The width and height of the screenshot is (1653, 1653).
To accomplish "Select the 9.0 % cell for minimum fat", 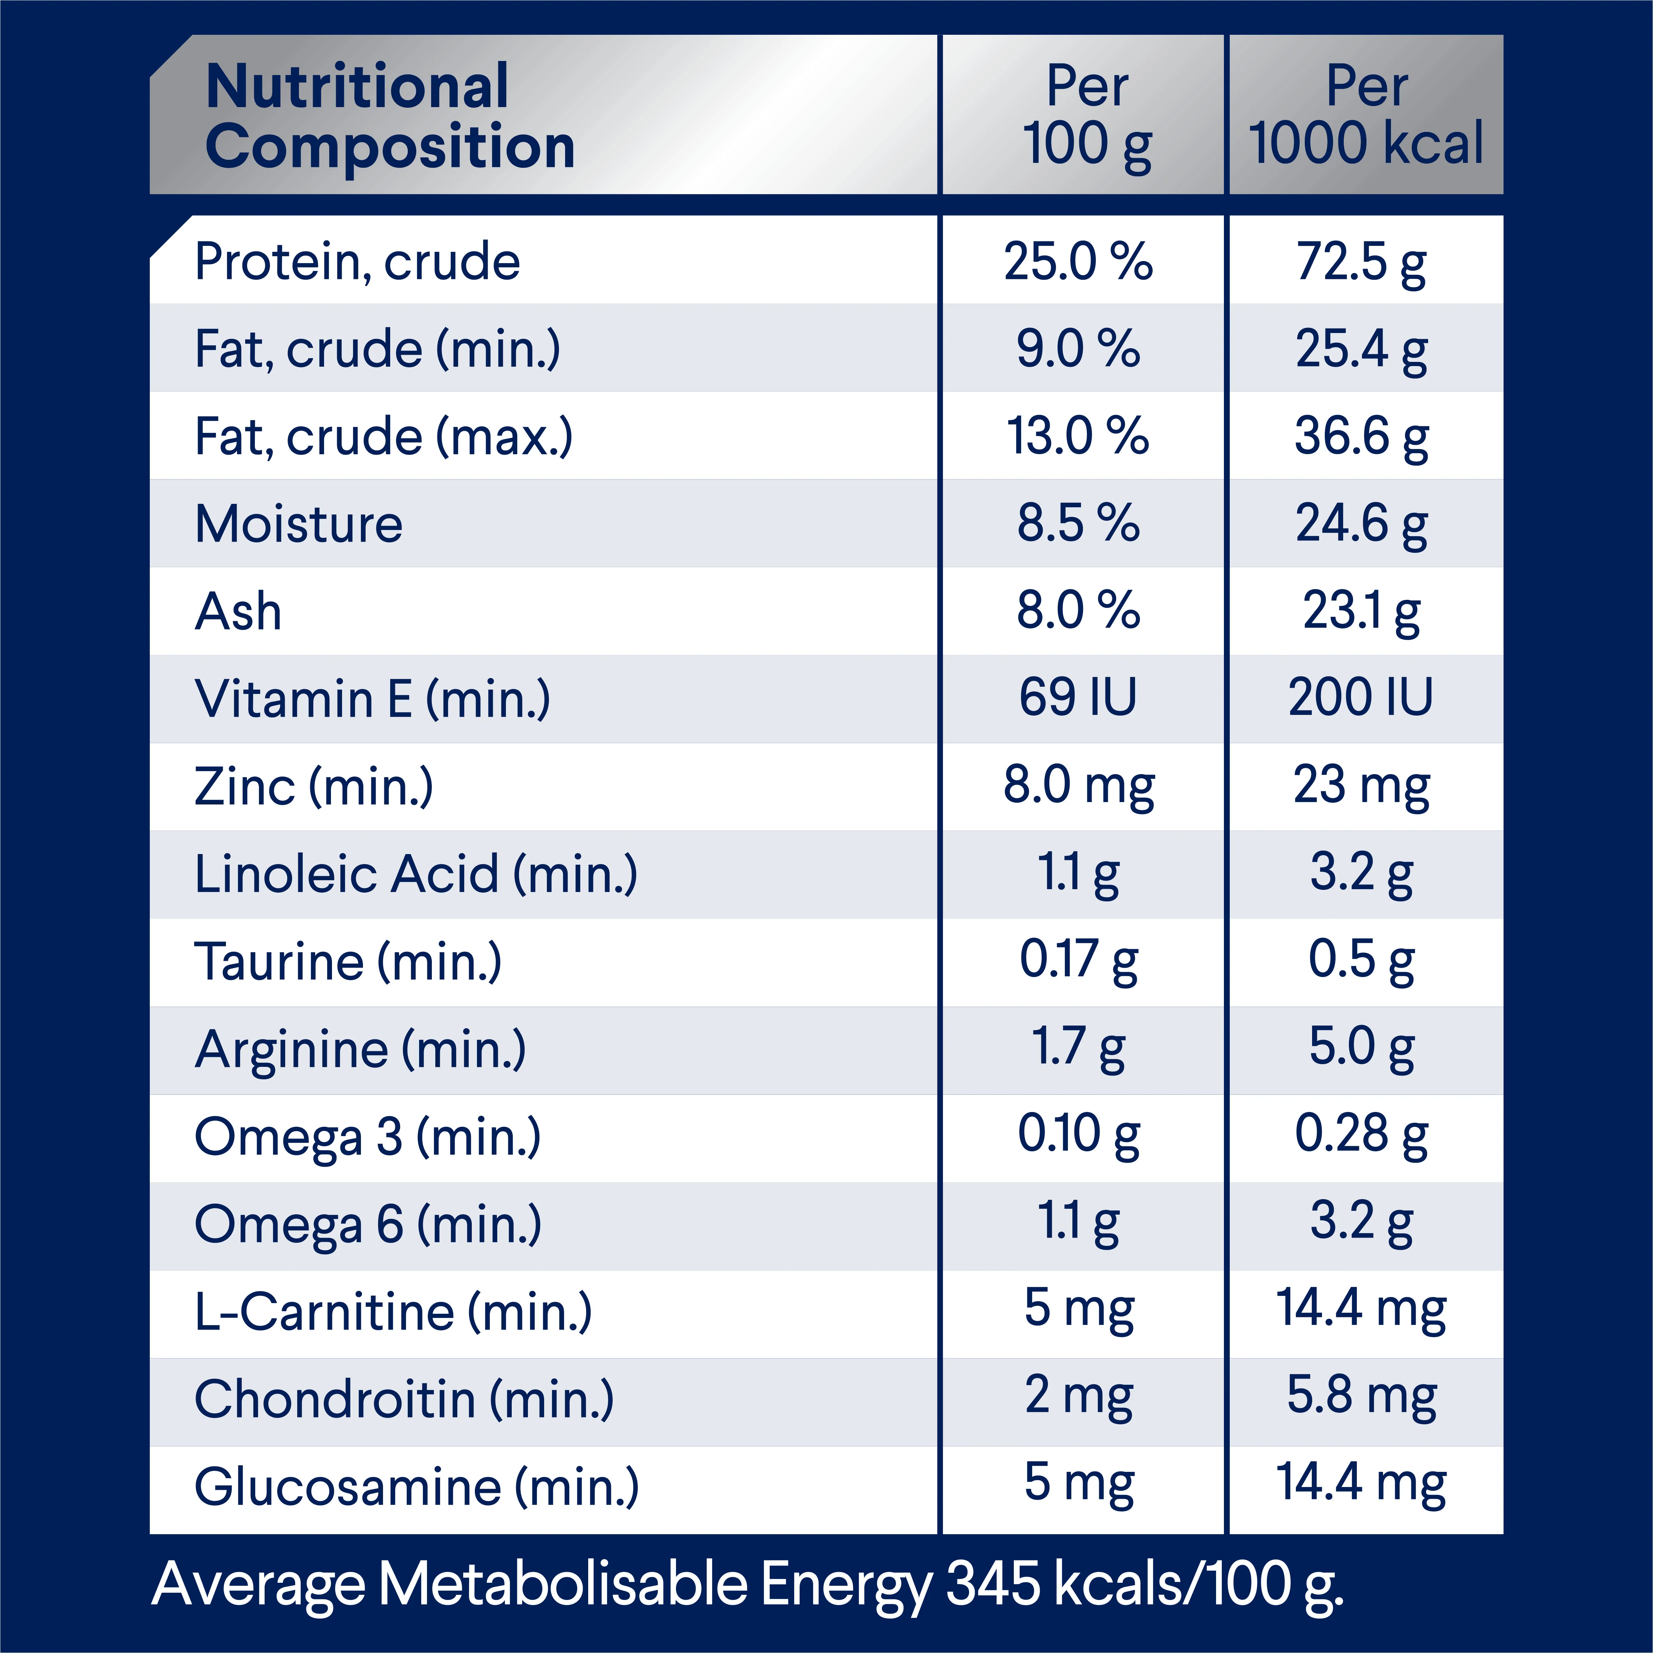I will click(x=1078, y=349).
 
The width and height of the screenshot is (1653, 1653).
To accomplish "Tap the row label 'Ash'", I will click(x=238, y=612).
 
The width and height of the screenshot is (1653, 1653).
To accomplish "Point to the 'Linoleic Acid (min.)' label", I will click(x=416, y=874).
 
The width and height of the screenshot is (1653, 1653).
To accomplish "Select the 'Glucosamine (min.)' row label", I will click(x=417, y=1487).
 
